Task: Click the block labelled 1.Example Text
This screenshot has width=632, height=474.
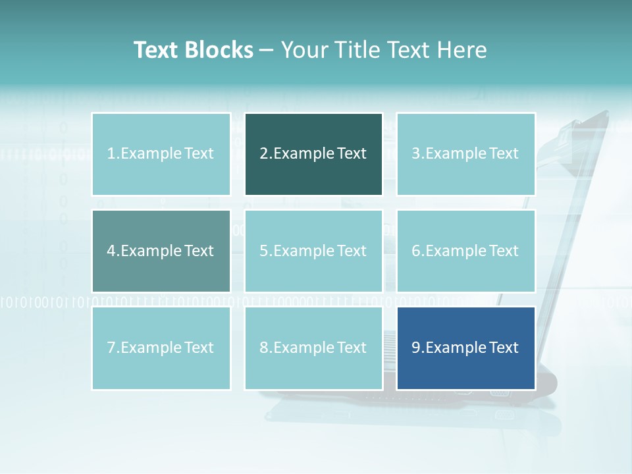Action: pos(161,154)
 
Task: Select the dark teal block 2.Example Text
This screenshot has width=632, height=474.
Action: pos(313,154)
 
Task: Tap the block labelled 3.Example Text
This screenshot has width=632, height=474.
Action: pos(465,154)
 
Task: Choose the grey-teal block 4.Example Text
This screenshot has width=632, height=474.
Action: pos(161,251)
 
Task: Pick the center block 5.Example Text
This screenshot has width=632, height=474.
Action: pos(313,251)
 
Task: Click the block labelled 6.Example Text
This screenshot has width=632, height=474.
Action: pos(465,251)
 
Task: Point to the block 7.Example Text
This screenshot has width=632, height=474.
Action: pos(161,348)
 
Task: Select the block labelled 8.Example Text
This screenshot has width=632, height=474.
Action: pos(313,348)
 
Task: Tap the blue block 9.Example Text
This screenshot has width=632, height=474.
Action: pos(465,348)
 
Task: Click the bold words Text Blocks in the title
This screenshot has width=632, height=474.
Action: pos(193,50)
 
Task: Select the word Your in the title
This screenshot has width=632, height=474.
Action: pos(301,50)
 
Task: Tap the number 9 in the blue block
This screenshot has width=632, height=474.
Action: pos(416,348)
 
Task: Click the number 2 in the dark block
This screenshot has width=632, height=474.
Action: pos(263,154)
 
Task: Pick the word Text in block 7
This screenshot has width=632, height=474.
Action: pos(199,348)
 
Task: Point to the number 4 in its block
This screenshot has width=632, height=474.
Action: pos(111,251)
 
